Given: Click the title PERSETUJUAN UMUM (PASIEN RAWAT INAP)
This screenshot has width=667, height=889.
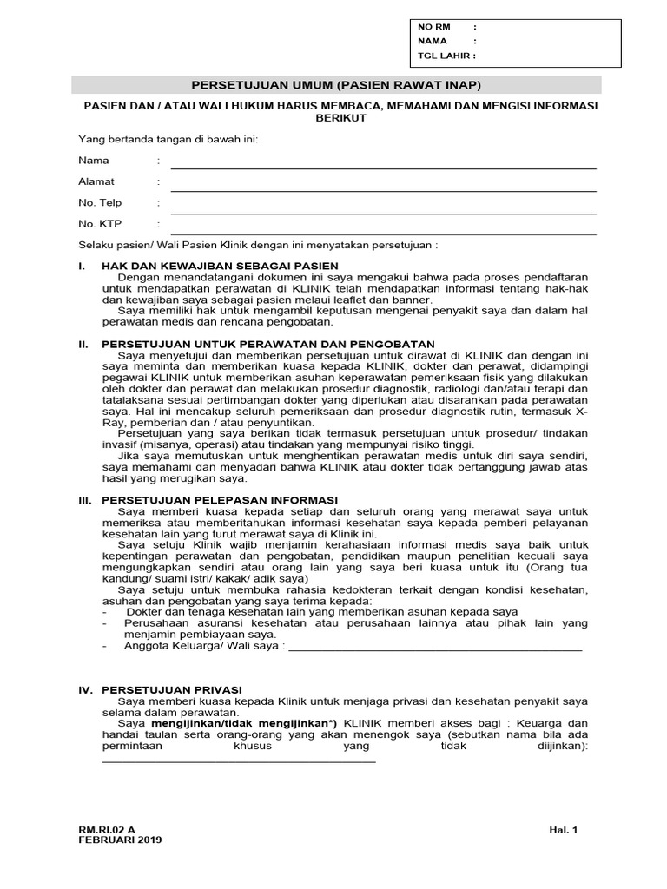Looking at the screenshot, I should pyautogui.click(x=335, y=85).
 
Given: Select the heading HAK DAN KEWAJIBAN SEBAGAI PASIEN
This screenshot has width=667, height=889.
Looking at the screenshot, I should pyautogui.click(x=220, y=265).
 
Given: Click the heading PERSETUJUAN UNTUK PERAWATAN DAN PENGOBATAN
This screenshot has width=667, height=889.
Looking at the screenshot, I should pyautogui.click(x=267, y=344).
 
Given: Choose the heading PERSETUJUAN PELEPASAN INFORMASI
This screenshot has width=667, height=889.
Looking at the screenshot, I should pyautogui.click(x=219, y=500).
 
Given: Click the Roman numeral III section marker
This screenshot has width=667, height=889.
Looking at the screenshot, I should pyautogui.click(x=85, y=500).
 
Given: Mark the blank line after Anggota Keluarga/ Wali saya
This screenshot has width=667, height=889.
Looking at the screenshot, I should pyautogui.click(x=434, y=649).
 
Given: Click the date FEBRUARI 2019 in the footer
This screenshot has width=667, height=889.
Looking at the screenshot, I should pyautogui.click(x=120, y=840).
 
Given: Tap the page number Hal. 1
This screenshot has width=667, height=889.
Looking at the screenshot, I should pyautogui.click(x=563, y=830).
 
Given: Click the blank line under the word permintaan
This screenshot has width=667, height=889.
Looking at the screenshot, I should pyautogui.click(x=239, y=760).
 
